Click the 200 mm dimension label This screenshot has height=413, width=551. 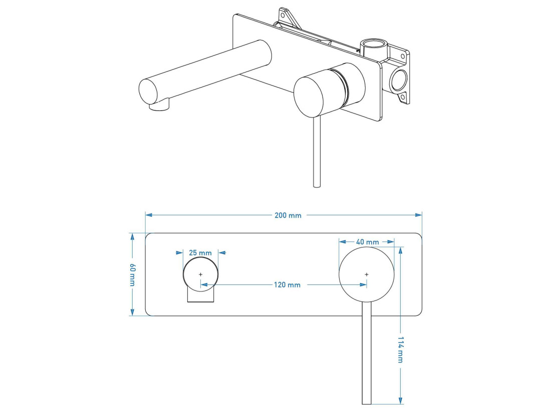pyautogui.click(x=288, y=215)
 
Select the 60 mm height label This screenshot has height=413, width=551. pyautogui.click(x=132, y=274)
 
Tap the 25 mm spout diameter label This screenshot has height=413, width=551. pyautogui.click(x=200, y=252)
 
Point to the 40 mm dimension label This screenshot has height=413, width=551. pyautogui.click(x=367, y=242)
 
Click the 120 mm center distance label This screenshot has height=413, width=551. pyautogui.click(x=287, y=285)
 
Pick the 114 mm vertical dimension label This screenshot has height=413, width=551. pyautogui.click(x=400, y=349)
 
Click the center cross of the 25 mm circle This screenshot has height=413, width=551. pyautogui.click(x=201, y=274)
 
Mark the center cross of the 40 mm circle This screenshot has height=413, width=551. pyautogui.click(x=367, y=274)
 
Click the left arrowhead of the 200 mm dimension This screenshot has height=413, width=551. pyautogui.click(x=149, y=215)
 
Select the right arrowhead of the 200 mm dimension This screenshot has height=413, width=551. pyautogui.click(x=419, y=215)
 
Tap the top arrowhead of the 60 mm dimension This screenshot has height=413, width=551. pyautogui.click(x=132, y=236)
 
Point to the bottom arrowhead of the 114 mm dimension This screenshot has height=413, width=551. pyautogui.click(x=400, y=400)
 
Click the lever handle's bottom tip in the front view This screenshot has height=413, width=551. pyautogui.click(x=367, y=404)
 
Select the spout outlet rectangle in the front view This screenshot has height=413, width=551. pyautogui.click(x=201, y=294)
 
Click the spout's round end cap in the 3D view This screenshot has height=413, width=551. pyautogui.click(x=148, y=92)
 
